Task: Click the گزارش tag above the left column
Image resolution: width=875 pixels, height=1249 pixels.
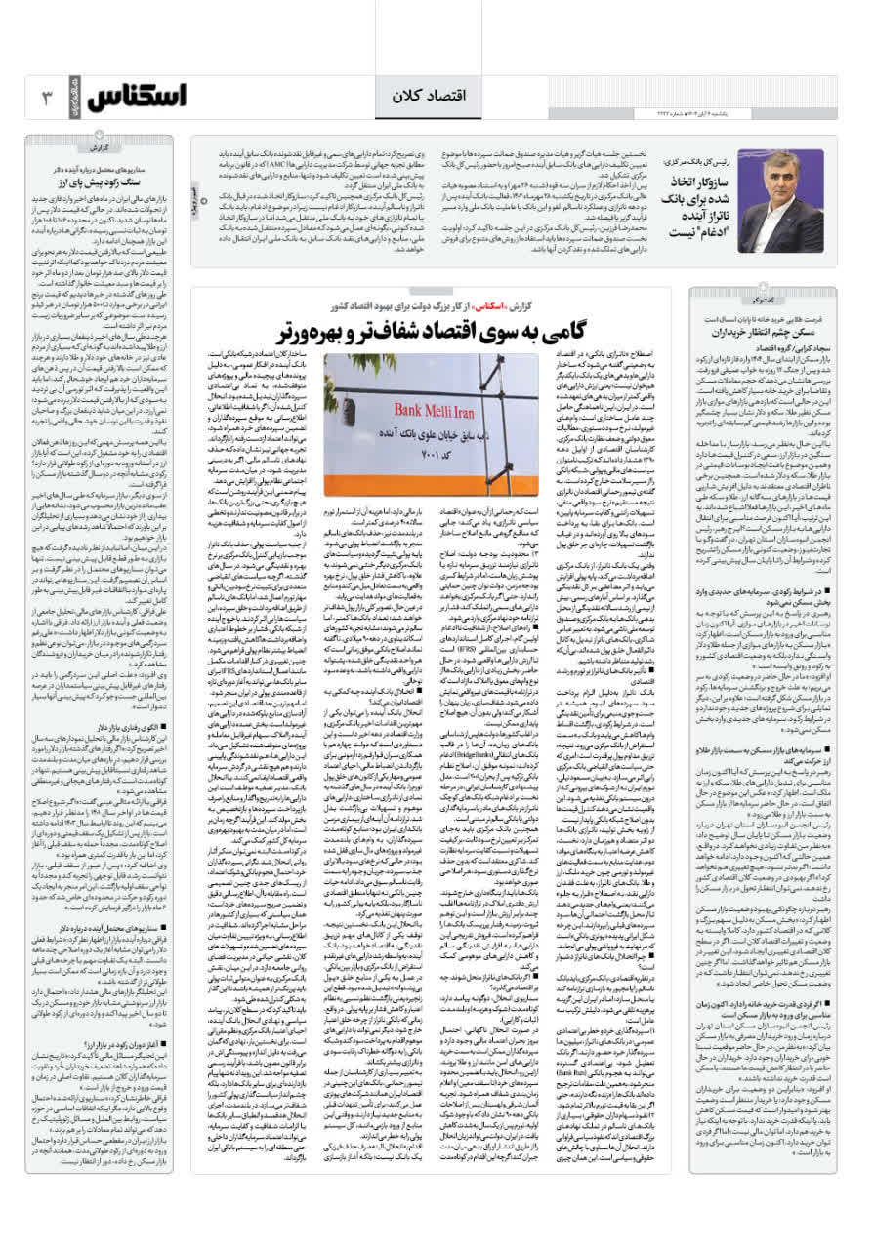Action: [101, 148]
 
